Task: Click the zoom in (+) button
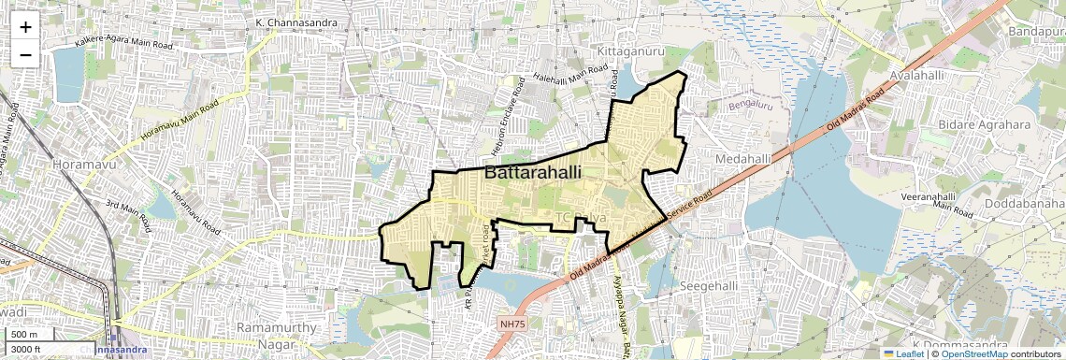[25, 26]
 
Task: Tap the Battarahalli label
[533, 173]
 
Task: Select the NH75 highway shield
[511, 324]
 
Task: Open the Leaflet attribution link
[903, 353]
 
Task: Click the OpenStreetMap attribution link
[973, 353]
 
